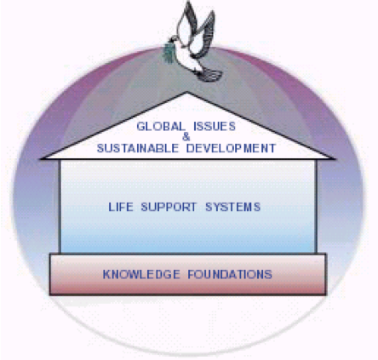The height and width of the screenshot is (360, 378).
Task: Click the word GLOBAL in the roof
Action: tap(161, 126)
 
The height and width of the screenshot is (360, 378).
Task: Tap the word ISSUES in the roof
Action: tap(215, 126)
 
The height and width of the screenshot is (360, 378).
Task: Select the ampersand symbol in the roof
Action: tap(186, 137)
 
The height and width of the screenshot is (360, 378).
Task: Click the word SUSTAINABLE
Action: tap(138, 148)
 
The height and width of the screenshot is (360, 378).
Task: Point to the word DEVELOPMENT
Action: tap(231, 148)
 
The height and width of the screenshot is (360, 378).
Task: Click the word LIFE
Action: tap(121, 207)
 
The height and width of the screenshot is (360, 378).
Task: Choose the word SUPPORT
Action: tap(169, 207)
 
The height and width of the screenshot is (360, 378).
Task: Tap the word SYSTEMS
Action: tap(233, 207)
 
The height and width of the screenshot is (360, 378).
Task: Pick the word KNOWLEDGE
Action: tap(141, 274)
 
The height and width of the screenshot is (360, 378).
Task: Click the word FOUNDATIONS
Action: tap(230, 274)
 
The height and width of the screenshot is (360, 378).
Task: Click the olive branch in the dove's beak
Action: tap(169, 54)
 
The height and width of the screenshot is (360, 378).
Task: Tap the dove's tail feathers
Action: tap(210, 74)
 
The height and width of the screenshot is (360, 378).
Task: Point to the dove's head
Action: tap(174, 40)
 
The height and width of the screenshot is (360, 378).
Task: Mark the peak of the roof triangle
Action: tap(186, 92)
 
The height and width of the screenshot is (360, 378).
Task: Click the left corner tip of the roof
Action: tap(42, 158)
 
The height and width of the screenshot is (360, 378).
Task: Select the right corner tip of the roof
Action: tap(334, 158)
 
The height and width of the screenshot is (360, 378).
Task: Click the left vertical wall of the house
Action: tap(60, 206)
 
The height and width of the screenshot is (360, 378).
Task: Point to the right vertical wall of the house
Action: tap(316, 206)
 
